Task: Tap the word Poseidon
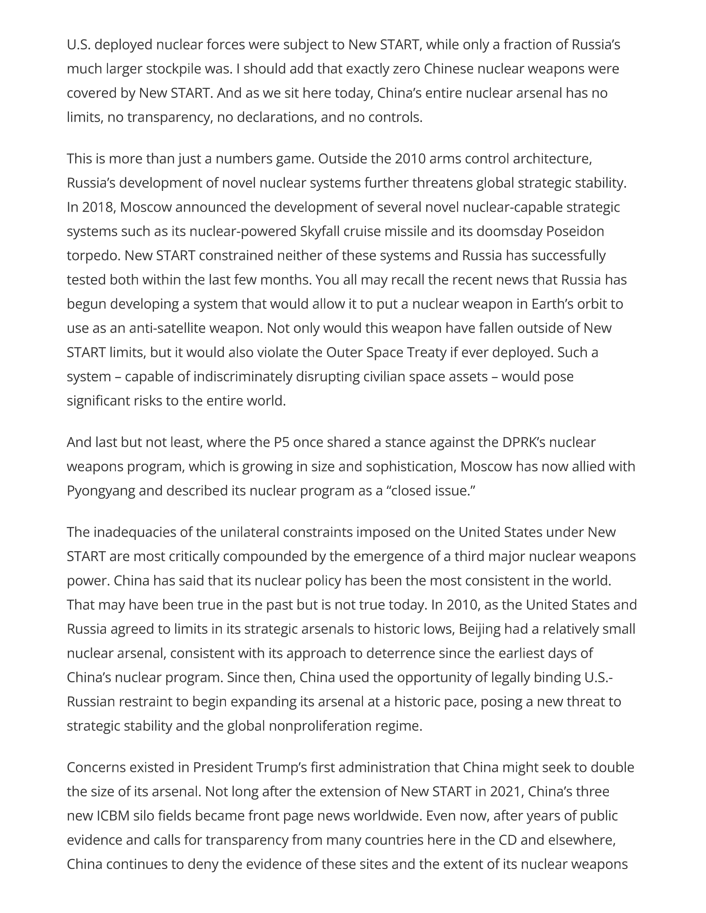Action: coord(575,231)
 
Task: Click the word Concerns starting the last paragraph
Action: coord(96,767)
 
